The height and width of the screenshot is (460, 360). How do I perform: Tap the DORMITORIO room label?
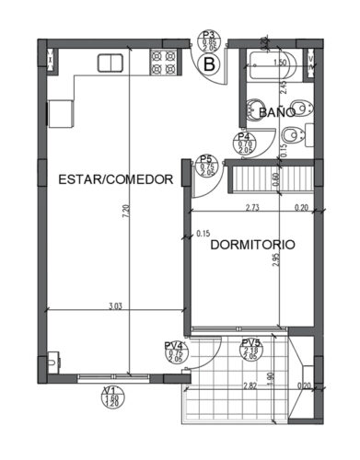click(252, 246)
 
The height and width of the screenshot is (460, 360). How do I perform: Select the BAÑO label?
click(276, 112)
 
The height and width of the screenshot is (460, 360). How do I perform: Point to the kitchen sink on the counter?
click(110, 63)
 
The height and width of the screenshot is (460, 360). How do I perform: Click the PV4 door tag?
click(173, 352)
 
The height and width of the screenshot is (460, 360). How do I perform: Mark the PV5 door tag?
click(250, 349)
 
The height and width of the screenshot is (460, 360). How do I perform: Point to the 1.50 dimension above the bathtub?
click(280, 63)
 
